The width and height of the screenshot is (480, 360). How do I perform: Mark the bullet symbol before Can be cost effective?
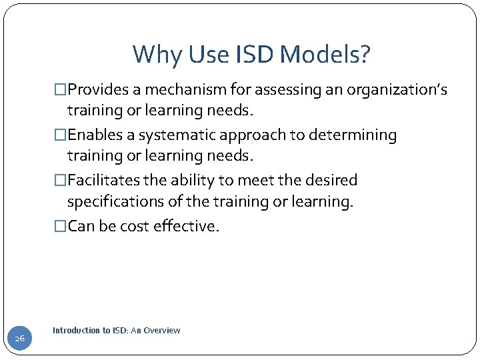(61, 226)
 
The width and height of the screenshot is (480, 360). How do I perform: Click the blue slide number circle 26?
(20, 339)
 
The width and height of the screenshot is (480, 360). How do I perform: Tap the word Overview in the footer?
(161, 330)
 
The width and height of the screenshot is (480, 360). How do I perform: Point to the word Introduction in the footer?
(74, 330)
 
